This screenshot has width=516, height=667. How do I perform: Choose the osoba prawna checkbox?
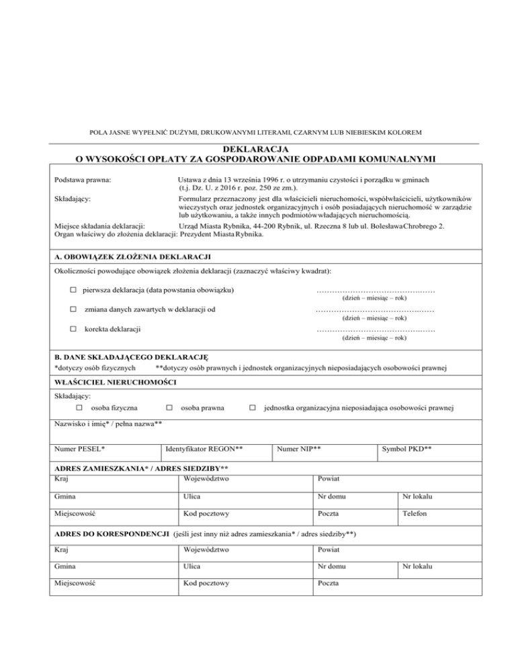169,407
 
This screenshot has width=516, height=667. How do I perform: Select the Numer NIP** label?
298,447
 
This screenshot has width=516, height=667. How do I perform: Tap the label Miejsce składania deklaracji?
101,226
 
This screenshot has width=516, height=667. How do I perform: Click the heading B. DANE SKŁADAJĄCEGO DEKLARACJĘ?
133,358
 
